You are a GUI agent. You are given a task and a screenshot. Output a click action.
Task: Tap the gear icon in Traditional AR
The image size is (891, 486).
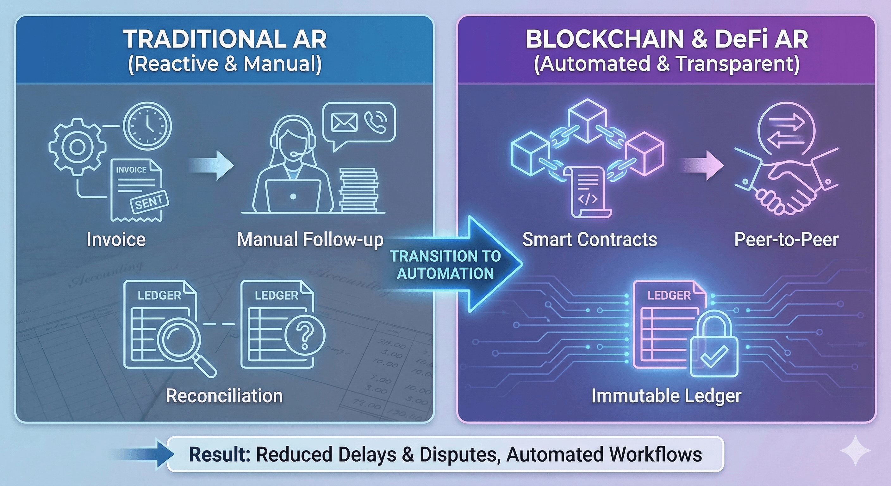[x=77, y=147]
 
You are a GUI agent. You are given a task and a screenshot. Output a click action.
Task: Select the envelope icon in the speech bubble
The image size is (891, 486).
[x=344, y=122]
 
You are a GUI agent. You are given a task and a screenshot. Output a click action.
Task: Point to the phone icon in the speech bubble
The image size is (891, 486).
[x=376, y=122]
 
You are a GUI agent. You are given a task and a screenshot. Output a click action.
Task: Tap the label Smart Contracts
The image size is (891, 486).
[x=589, y=240]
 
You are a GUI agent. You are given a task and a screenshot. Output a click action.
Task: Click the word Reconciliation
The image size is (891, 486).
[x=224, y=396]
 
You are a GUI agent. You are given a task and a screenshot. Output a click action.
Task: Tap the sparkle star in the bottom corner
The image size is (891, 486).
[x=855, y=450]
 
